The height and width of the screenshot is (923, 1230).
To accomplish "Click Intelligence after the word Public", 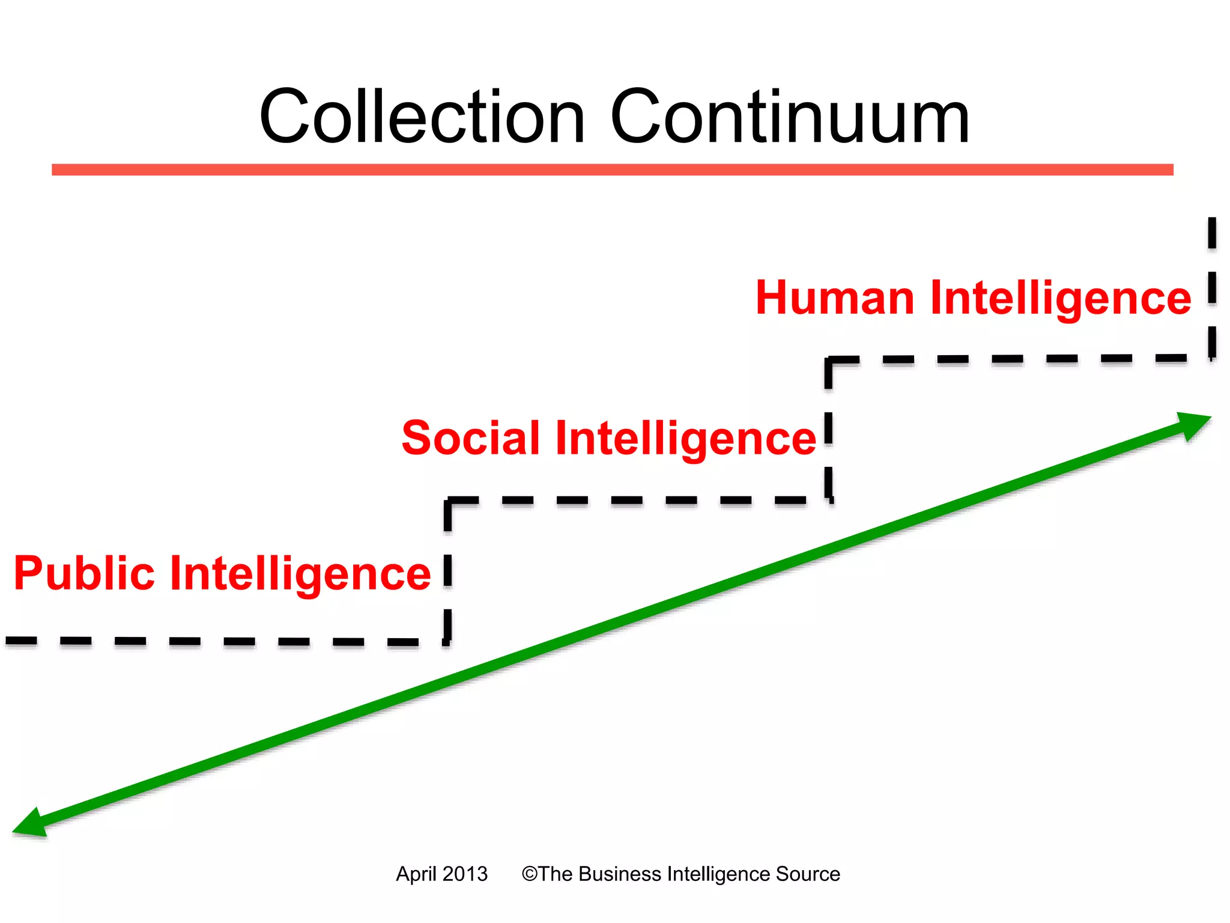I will (x=300, y=574).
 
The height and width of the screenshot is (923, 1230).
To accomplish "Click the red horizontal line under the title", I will (x=613, y=170).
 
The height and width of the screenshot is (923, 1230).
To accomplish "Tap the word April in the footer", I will (x=416, y=874).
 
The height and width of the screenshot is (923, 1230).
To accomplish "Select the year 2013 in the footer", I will (x=465, y=874).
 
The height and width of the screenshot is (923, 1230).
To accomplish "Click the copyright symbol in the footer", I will (x=529, y=874).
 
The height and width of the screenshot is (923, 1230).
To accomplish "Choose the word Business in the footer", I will (x=620, y=874).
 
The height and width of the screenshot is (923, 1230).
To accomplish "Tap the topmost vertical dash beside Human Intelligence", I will (x=1212, y=233).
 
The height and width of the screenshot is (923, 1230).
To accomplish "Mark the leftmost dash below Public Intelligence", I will (x=22, y=641).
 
